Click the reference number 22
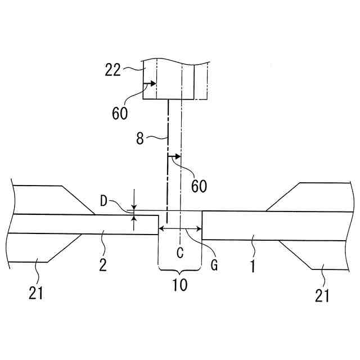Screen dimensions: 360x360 112,70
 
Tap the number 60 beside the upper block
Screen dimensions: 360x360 120,113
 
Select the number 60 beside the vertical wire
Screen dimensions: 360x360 199,186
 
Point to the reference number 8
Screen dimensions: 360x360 140,138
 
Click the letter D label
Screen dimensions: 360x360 103,201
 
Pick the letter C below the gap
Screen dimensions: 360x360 180,253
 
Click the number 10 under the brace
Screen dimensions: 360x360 180,285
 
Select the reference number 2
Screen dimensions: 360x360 103,265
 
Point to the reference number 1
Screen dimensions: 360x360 253,266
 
